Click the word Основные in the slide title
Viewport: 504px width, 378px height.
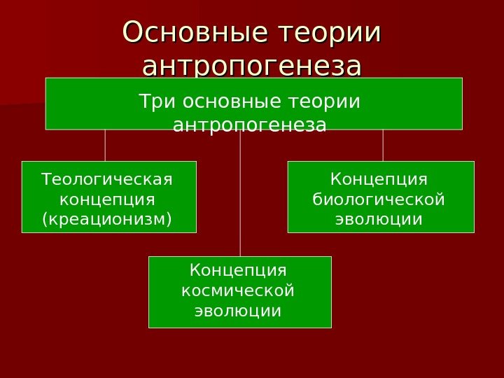tap(196, 33)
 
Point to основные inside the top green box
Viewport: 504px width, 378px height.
tap(225, 102)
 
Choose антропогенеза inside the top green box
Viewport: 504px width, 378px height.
tap(249, 126)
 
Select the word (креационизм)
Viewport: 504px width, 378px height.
tap(107, 220)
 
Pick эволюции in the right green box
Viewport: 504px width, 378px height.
tap(379, 220)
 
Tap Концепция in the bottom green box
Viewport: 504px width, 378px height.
tap(239, 270)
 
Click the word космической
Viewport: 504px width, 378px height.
tap(238, 290)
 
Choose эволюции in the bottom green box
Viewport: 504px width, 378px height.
tap(238, 310)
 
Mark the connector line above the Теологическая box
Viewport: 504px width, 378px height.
tap(105, 145)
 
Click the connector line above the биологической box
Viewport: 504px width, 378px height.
tap(383, 145)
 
